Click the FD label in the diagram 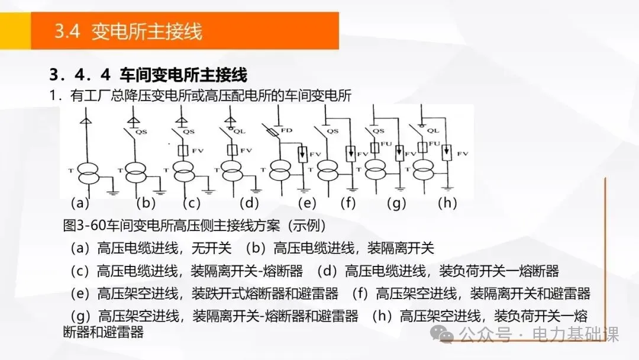tap(286, 130)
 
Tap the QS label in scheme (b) tap(141, 132)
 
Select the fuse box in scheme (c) tap(183, 150)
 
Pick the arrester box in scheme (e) tap(302, 153)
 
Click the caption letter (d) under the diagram tap(248, 203)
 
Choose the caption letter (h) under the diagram tap(447, 203)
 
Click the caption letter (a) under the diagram tap(79, 203)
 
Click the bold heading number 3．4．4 tap(80, 75)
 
